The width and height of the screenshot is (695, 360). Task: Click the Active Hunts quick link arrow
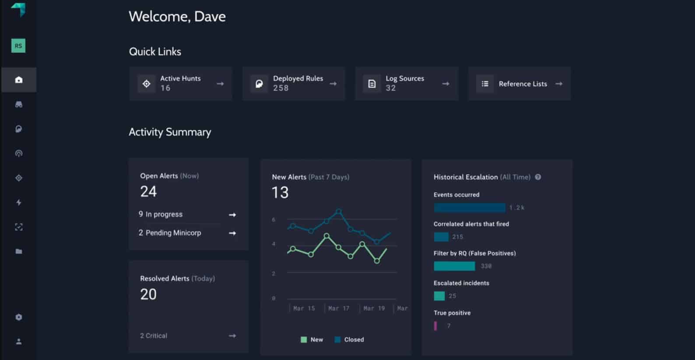(220, 84)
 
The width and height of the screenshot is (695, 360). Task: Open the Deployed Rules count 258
(281, 88)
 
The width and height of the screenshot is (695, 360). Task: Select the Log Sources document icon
(372, 84)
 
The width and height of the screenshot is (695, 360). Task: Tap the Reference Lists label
(523, 84)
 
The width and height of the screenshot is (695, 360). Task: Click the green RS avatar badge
(18, 46)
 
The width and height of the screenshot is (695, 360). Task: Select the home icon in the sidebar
(19, 80)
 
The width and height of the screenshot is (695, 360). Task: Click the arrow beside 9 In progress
(232, 215)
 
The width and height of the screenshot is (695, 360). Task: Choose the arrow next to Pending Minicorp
(232, 233)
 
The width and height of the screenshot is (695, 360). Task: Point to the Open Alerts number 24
(148, 191)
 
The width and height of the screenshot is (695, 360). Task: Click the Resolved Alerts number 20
(148, 294)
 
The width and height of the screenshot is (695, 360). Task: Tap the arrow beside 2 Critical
(232, 336)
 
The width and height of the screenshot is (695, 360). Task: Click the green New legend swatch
(304, 339)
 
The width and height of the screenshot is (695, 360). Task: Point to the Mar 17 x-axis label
(339, 308)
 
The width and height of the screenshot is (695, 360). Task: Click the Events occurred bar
(469, 208)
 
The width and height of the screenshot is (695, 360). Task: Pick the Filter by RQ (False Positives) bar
(454, 266)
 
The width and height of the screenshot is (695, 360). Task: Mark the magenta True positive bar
(435, 326)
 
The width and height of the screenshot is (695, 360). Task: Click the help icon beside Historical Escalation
(538, 177)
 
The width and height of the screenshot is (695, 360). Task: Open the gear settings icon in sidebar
(19, 317)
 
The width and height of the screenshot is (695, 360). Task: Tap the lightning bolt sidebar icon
(19, 202)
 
